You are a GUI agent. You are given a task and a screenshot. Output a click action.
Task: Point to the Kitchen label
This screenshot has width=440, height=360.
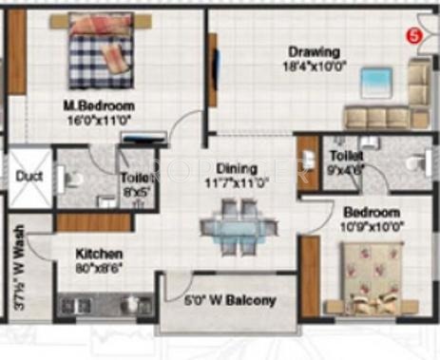point(99,255)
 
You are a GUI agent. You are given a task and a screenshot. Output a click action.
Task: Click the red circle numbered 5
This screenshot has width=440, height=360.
point(412,36)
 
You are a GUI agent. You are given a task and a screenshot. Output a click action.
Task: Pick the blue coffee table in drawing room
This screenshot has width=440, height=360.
point(377,81)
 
